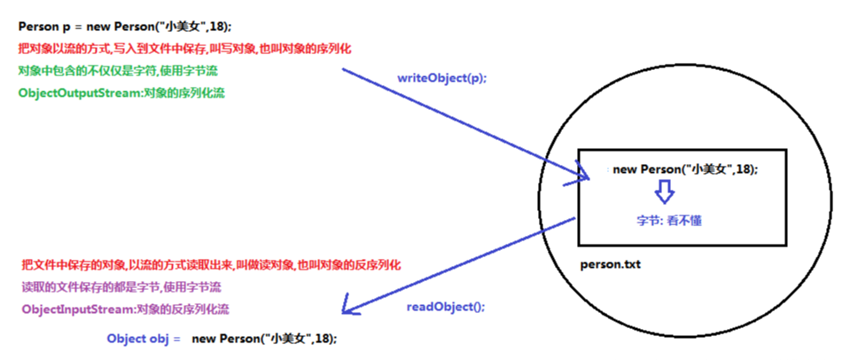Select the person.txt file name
click(610, 264)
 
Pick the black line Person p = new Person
click(124, 27)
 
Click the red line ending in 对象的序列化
click(184, 49)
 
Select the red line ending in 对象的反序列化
click(211, 265)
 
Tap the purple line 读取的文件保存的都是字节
click(121, 287)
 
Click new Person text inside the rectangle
click(684, 168)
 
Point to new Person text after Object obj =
click(265, 339)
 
